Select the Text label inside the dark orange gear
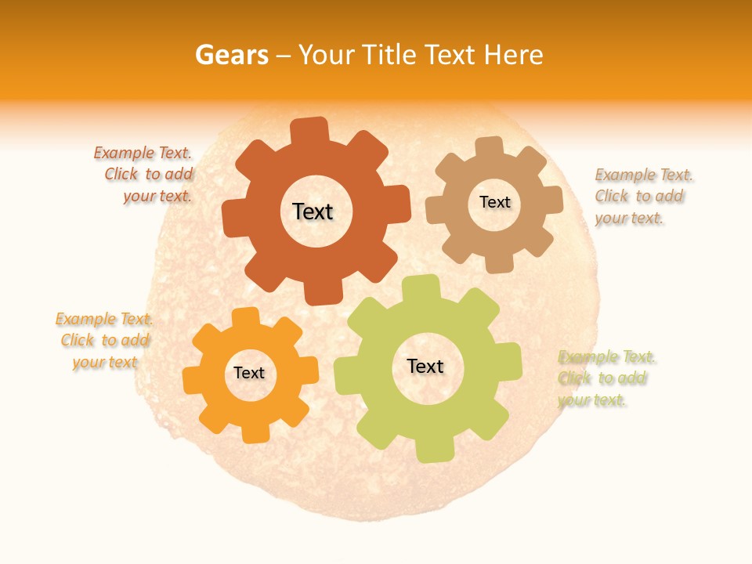313,211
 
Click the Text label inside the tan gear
495,202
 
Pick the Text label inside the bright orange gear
249,374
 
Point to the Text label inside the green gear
425,366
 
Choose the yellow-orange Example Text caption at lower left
104,340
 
